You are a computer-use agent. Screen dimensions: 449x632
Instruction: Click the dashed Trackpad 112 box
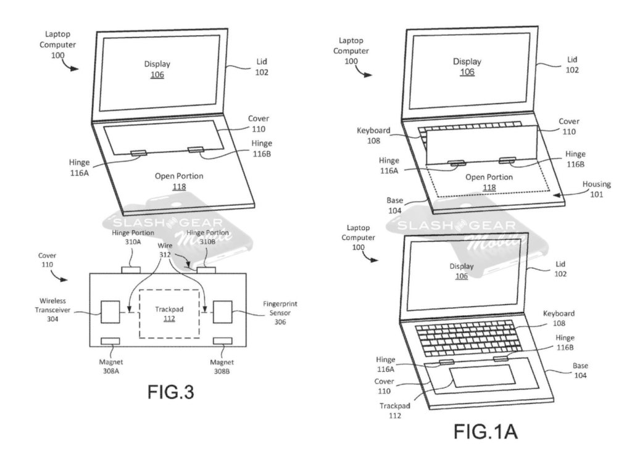coord(168,313)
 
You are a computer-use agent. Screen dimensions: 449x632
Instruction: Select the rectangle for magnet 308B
coord(222,341)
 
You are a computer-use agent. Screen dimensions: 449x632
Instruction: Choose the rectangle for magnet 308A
coord(110,341)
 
